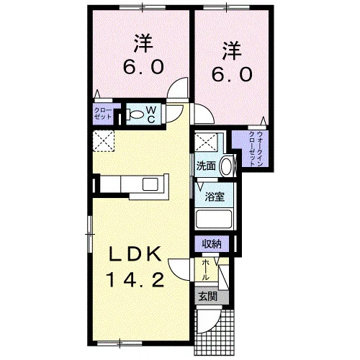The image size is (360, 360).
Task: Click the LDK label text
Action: click(x=135, y=254)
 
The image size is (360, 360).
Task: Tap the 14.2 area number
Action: click(x=136, y=280)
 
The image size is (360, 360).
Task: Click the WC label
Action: click(x=151, y=114)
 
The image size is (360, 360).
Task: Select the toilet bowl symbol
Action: click(x=135, y=114)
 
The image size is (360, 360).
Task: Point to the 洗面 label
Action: click(x=206, y=166)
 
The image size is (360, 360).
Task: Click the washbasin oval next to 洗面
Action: click(x=227, y=166)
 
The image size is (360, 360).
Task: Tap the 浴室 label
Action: click(x=215, y=197)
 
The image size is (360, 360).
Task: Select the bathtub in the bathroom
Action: click(x=214, y=220)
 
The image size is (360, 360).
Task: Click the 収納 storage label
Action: click(x=212, y=244)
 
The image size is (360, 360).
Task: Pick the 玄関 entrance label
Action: click(x=208, y=297)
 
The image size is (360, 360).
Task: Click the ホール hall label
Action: click(x=205, y=270)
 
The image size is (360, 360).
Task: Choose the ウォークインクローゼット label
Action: click(x=256, y=149)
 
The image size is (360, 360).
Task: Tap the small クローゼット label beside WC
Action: click(x=103, y=114)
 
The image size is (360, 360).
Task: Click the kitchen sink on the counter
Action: click(x=150, y=184)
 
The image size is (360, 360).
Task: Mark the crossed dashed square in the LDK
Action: click(x=104, y=141)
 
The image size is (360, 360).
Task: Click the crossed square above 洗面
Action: click(x=206, y=143)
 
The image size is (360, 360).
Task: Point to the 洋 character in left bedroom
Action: click(x=143, y=43)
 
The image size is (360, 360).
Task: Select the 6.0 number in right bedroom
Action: click(x=232, y=74)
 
